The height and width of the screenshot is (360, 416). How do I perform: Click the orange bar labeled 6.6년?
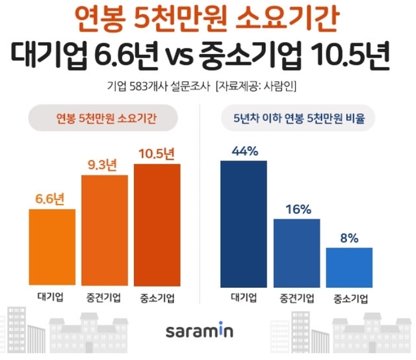click(52, 248)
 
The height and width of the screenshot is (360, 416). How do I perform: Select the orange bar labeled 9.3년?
click(105, 231)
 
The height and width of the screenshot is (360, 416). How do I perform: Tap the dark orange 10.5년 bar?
click(157, 225)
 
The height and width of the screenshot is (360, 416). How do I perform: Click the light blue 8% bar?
click(349, 266)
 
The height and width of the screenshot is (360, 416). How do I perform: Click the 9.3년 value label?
click(104, 165)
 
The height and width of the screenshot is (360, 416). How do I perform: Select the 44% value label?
click(244, 151)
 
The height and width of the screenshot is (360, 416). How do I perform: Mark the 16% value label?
click(296, 209)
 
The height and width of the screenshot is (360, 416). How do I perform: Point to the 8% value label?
click(349, 238)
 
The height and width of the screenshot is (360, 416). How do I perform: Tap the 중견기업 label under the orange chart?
click(105, 298)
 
